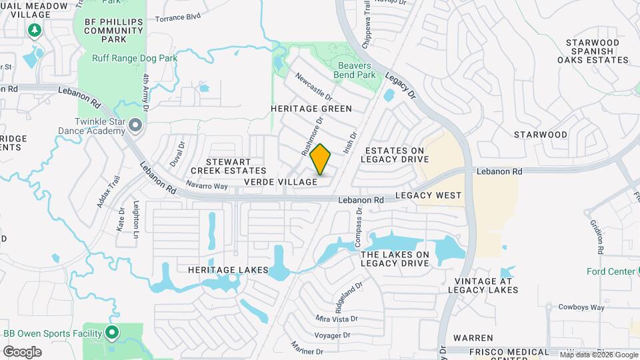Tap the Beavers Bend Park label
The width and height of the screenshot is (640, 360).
pos(357,70)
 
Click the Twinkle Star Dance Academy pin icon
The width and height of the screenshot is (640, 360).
pos(136,125)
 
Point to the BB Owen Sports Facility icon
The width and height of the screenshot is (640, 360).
pos(112,331)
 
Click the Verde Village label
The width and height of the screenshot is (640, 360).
pos(280,182)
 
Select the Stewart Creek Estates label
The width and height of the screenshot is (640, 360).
pos(229,166)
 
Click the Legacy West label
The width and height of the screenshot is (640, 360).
pos(428,195)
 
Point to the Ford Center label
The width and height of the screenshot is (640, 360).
pos(611,271)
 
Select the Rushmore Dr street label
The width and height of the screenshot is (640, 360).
pos(312,137)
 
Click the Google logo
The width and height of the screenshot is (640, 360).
pos(22,352)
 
